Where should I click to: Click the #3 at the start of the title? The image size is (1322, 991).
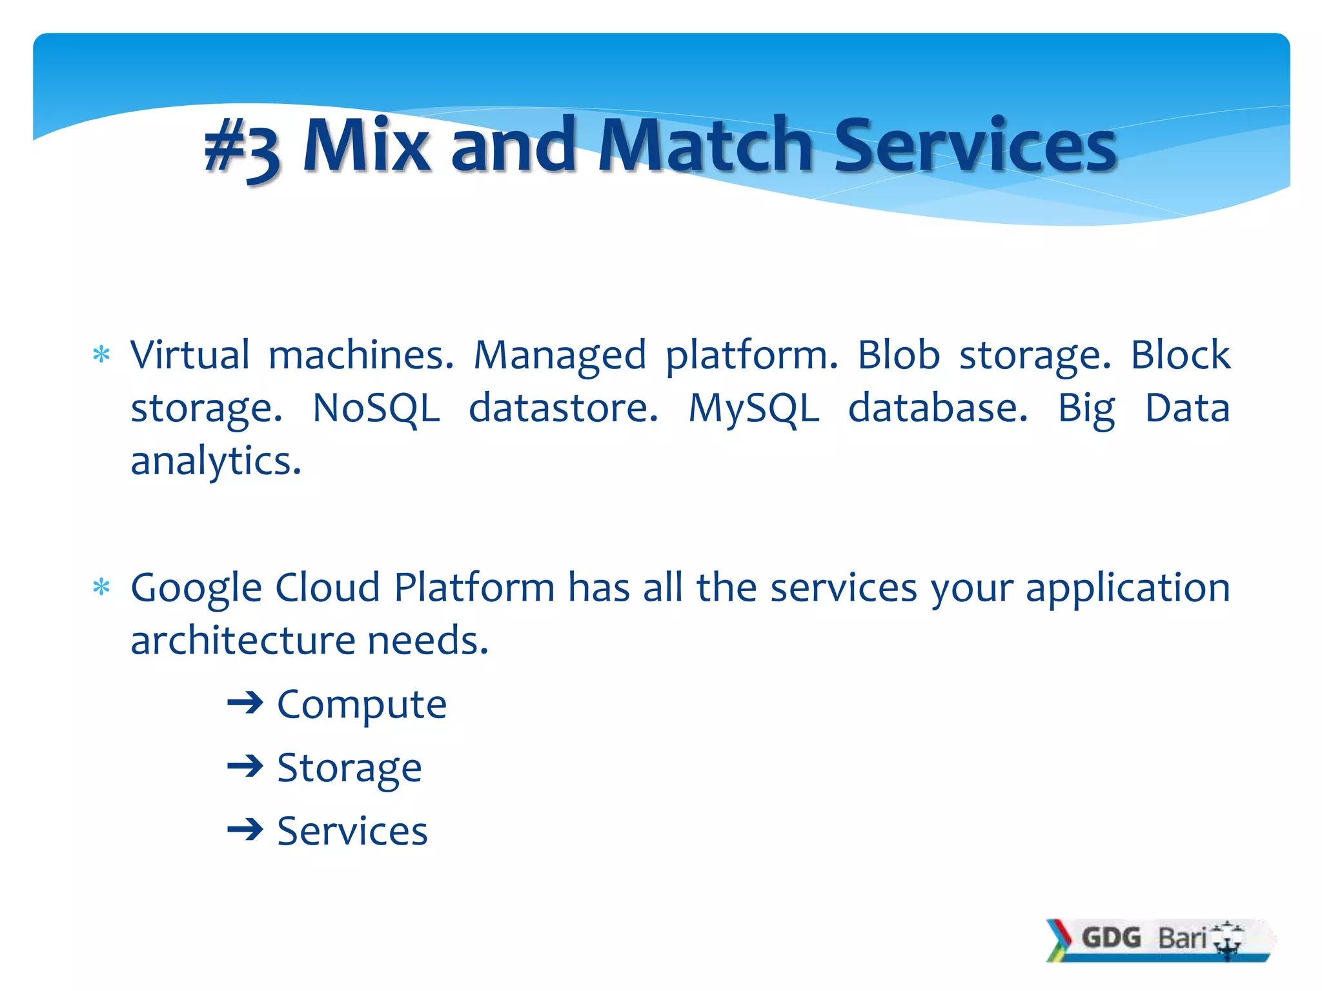click(242, 150)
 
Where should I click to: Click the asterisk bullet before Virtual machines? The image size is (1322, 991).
click(101, 355)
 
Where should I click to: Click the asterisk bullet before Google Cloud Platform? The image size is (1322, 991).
click(101, 587)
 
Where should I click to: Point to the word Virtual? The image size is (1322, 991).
click(190, 355)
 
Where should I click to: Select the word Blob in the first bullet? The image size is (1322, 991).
click(898, 355)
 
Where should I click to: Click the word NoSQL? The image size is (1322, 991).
click(376, 408)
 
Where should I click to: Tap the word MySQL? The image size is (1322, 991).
click(753, 408)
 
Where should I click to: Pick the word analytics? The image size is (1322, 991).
click(216, 462)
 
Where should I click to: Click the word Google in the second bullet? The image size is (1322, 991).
click(196, 588)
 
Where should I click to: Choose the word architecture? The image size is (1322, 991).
click(242, 641)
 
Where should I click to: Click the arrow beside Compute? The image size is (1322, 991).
click(245, 703)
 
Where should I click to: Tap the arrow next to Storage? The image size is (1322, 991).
click(245, 766)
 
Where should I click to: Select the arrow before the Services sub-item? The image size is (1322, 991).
click(245, 830)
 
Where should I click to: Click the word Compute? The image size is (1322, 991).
click(361, 704)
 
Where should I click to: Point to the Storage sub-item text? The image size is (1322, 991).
click(349, 768)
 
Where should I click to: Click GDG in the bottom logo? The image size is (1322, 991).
click(1111, 937)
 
